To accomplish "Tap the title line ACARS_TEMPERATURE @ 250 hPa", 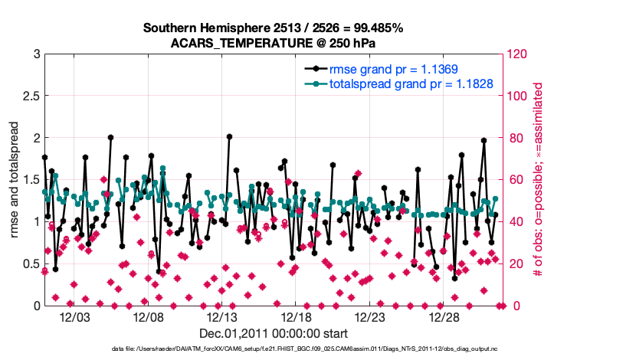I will click(x=273, y=43).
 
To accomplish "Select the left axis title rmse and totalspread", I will click(x=15, y=179).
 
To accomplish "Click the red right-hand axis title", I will click(x=537, y=179).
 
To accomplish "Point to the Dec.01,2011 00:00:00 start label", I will click(x=274, y=333).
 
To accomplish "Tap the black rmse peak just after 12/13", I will click(x=229, y=136).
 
